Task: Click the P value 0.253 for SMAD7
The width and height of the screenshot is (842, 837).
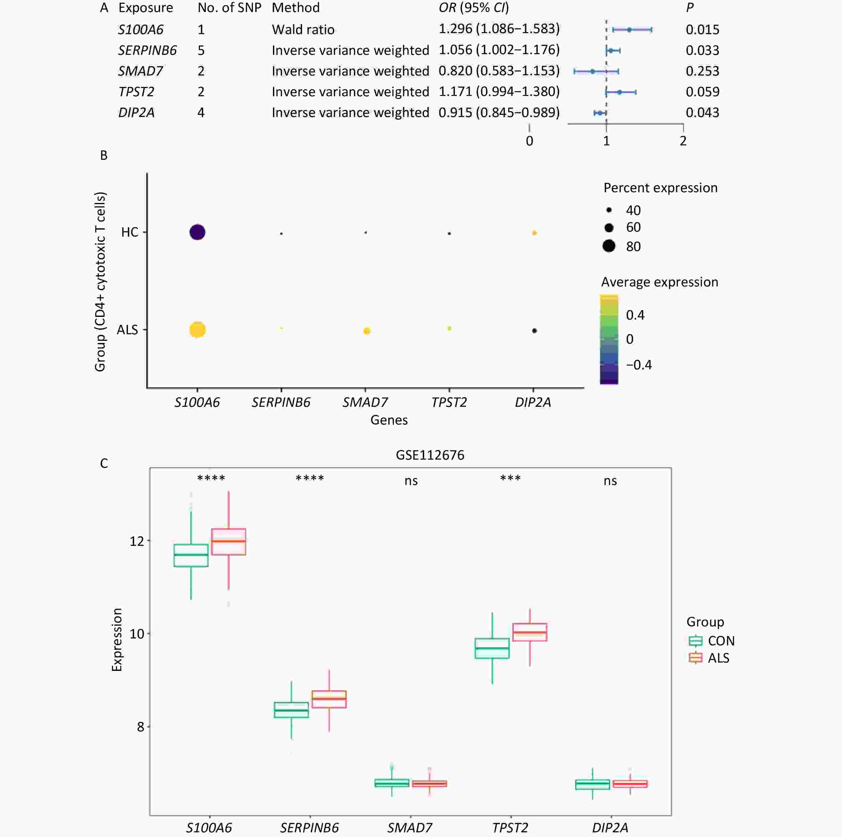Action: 702,71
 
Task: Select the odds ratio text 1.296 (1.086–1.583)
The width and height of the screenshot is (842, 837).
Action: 499,29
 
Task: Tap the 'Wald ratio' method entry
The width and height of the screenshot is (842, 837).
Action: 303,30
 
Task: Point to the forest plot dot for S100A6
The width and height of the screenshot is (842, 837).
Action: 629,30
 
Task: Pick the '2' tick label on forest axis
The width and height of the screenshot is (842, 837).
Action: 683,141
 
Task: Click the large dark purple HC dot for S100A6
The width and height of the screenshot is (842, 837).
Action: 197,232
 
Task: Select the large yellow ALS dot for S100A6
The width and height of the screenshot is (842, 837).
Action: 197,330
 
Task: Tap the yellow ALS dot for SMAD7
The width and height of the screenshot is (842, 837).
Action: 367,331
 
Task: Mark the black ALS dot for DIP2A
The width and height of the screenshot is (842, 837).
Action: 534,331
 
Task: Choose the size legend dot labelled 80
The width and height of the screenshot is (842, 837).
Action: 609,246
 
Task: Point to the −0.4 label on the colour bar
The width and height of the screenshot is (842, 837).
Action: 639,365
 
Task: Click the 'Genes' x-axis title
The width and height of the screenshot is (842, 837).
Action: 389,420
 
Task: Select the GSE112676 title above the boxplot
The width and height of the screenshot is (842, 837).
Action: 430,455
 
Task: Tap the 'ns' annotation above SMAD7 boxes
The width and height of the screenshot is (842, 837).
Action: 411,481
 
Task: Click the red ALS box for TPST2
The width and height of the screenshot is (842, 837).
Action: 530,632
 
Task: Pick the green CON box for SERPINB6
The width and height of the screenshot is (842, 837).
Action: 291,710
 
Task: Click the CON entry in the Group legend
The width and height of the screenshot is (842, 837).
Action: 721,641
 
